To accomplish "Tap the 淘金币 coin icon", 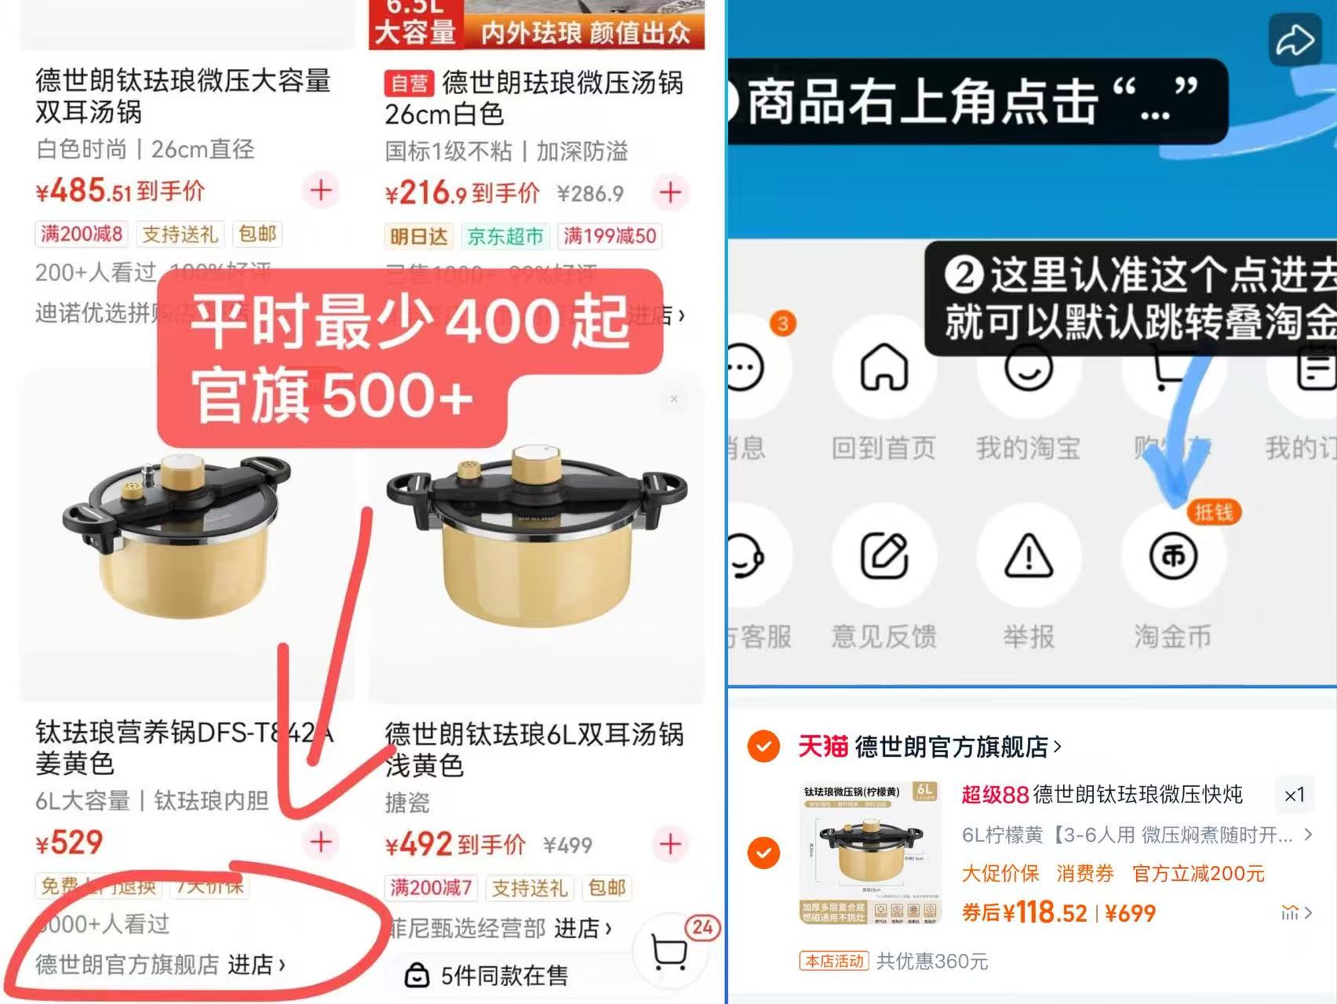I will [x=1173, y=556].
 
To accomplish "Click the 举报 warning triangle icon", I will [x=1029, y=556].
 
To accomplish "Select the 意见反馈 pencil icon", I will [x=884, y=556].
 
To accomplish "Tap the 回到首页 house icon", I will [x=884, y=367].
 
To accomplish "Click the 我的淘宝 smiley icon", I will [x=1029, y=367].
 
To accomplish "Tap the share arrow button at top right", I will [x=1294, y=40].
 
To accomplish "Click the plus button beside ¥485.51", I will [x=321, y=191].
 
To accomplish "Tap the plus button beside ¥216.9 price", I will [x=671, y=193].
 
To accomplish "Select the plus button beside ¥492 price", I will [x=671, y=844].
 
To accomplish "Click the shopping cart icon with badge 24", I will [x=670, y=951].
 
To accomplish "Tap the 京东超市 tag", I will [x=505, y=236].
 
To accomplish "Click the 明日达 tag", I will [x=419, y=236].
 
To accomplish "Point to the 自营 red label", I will [x=409, y=83].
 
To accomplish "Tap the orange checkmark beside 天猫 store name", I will [x=763, y=746].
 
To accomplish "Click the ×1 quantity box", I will [x=1294, y=795].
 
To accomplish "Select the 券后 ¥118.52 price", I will [x=1025, y=912].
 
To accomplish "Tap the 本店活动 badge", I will [x=834, y=961].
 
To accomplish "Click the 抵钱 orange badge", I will [x=1213, y=512].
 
